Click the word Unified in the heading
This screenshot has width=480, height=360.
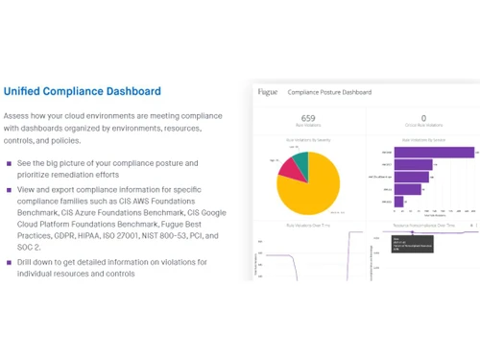point(23,92)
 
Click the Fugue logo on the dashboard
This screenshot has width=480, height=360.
point(267,92)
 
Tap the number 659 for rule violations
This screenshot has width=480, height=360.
point(308,118)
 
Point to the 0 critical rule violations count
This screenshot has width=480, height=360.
point(422,118)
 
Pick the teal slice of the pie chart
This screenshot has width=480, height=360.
point(300,159)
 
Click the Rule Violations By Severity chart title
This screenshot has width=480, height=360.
point(307,139)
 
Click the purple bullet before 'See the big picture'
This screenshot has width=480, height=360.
point(9,163)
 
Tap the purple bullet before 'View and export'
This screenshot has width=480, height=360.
point(9,190)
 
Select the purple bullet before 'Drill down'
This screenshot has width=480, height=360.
point(9,262)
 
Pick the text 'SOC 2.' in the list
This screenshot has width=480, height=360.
point(31,247)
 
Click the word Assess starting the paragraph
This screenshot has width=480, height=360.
point(18,115)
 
